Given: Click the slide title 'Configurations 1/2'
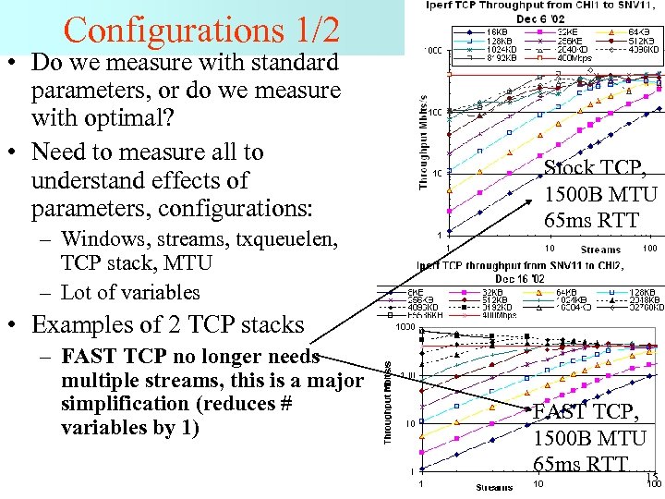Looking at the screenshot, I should pyautogui.click(x=201, y=30).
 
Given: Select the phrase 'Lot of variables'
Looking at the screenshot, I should pyautogui.click(x=130, y=293).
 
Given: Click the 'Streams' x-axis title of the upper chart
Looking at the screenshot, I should pyautogui.click(x=601, y=249).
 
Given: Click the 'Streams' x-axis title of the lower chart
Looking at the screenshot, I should pyautogui.click(x=495, y=487).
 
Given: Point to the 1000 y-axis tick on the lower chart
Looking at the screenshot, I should pyautogui.click(x=405, y=326).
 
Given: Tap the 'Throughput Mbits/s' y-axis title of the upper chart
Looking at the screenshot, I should pyautogui.click(x=427, y=143).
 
